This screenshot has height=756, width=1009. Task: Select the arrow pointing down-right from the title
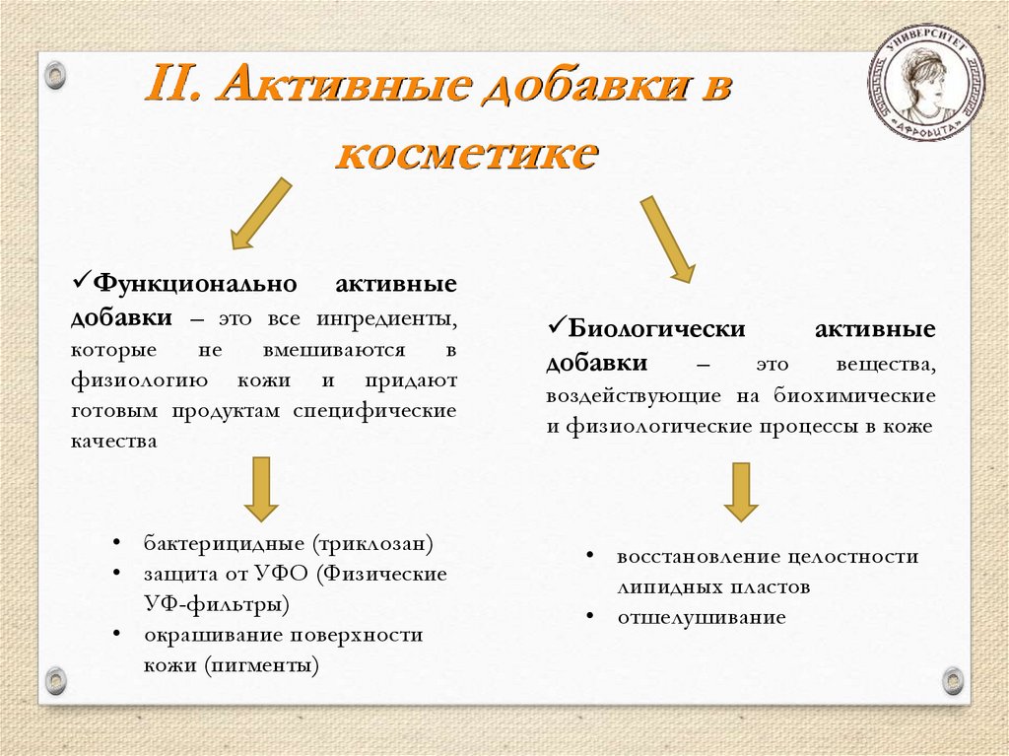[x=668, y=238]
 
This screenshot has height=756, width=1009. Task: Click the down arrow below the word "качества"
[x=262, y=488]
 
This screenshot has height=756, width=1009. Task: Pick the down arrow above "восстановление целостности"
[x=740, y=492]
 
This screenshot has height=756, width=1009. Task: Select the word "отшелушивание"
[x=702, y=618]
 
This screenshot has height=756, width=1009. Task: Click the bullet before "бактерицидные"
[x=117, y=543]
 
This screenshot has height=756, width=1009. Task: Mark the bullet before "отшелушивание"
[x=589, y=618]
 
